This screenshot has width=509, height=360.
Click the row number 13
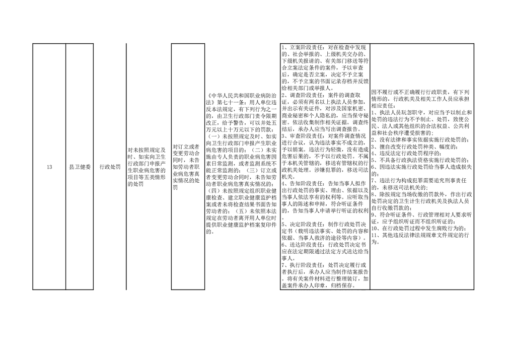tap(49, 167)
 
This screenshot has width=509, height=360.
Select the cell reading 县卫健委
tap(80, 167)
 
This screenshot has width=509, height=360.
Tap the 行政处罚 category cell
tap(110, 167)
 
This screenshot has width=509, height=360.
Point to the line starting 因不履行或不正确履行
tap(420, 92)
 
